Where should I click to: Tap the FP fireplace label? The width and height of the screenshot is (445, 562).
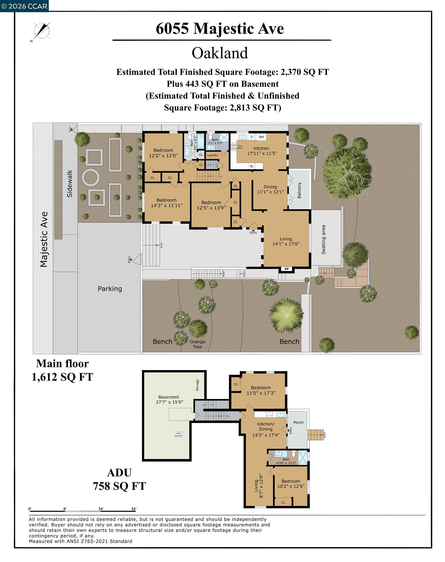pyautogui.click(x=287, y=269)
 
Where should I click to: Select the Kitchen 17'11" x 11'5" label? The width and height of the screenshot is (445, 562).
pyautogui.click(x=262, y=151)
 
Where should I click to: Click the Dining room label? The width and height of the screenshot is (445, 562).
pyautogui.click(x=270, y=189)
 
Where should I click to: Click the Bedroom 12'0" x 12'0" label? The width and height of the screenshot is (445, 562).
pyautogui.click(x=163, y=153)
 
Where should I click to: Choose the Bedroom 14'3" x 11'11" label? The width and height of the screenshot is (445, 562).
pyautogui.click(x=167, y=203)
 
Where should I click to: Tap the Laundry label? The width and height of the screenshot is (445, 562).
pyautogui.click(x=212, y=155)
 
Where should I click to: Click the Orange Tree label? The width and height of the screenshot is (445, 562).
pyautogui.click(x=197, y=344)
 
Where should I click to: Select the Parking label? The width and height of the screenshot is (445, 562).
pyautogui.click(x=110, y=289)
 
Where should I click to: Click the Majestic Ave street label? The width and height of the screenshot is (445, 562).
pyautogui.click(x=44, y=239)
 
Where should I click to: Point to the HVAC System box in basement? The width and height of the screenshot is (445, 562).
pyautogui.click(x=179, y=434)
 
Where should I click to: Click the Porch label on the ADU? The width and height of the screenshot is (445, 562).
pyautogui.click(x=298, y=422)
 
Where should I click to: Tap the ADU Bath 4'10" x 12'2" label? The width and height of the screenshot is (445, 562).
pyautogui.click(x=286, y=461)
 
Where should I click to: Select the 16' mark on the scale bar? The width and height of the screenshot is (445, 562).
pyautogui.click(x=101, y=509)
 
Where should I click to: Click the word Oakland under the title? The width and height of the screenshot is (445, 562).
pyautogui.click(x=220, y=53)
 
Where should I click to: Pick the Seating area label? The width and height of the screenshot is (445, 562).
pyautogui.click(x=323, y=240)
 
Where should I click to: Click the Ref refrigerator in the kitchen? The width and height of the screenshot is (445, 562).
pyautogui.click(x=261, y=137)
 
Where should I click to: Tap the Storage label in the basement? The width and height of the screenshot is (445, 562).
pyautogui.click(x=197, y=385)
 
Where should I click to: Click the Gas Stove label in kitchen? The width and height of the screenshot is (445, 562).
pyautogui.click(x=240, y=147)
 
